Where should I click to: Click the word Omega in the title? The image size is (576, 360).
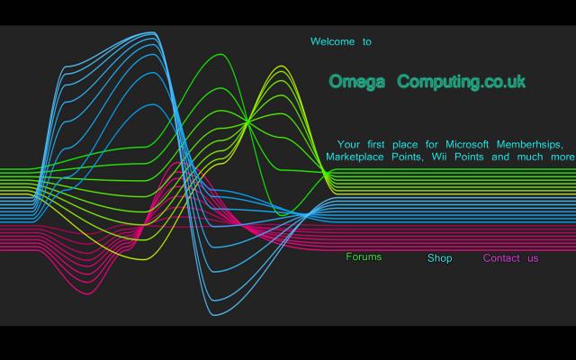click(x=356, y=82)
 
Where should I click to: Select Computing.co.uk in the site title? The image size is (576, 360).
click(x=462, y=82)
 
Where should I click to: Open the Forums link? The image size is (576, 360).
click(x=364, y=256)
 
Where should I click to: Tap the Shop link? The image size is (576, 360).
click(x=440, y=258)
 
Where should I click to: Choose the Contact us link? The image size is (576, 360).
click(x=510, y=258)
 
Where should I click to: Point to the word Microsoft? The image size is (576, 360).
click(x=467, y=144)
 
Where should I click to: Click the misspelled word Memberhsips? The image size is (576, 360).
click(x=530, y=145)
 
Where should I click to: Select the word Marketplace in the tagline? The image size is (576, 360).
click(x=355, y=157)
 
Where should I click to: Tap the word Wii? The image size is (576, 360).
click(x=439, y=157)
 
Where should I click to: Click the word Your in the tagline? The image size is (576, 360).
click(x=348, y=144)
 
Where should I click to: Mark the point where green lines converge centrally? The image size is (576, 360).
click(x=248, y=121)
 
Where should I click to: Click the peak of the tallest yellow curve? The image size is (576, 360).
click(x=282, y=66)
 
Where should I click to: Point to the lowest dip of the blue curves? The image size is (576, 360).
click(x=216, y=315)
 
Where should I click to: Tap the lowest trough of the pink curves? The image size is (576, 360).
click(x=88, y=293)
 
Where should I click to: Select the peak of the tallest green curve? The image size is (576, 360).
click(x=220, y=55)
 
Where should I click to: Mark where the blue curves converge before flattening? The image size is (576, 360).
click(x=306, y=214)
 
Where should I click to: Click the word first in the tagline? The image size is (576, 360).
click(x=376, y=144)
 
